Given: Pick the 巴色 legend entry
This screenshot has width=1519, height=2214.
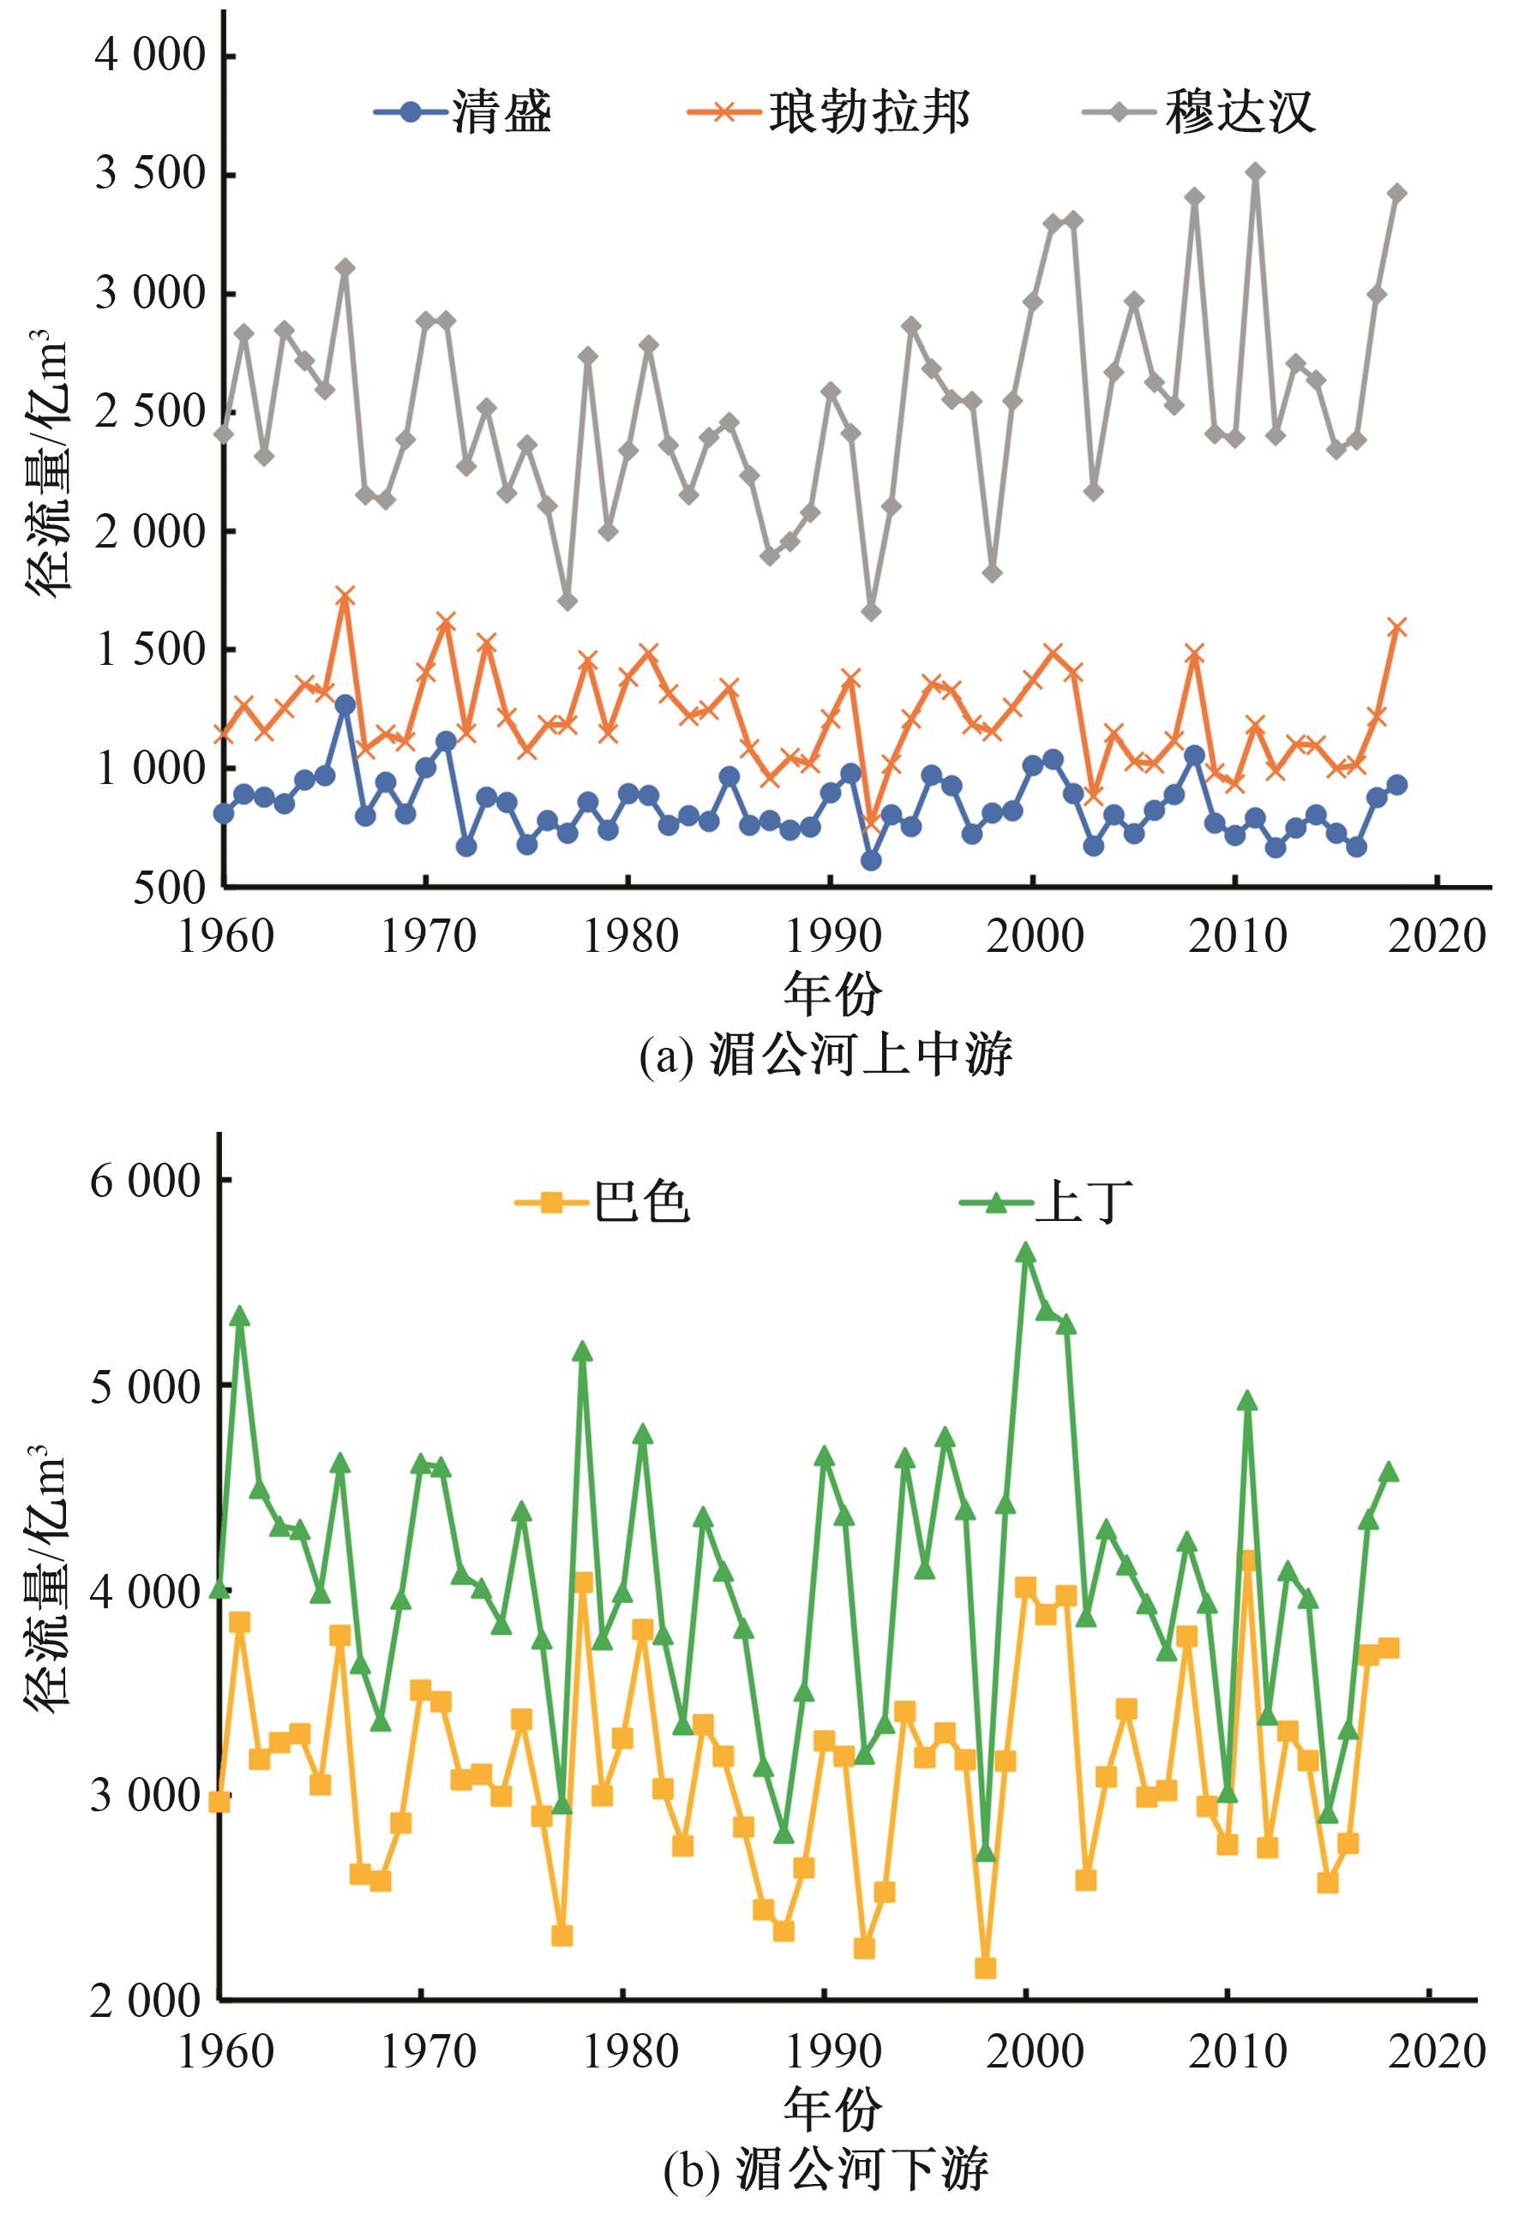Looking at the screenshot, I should click(x=603, y=1203).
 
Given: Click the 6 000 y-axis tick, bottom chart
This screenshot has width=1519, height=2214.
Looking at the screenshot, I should click(x=146, y=1182).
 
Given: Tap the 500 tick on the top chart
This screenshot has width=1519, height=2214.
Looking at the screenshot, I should click(x=170, y=888).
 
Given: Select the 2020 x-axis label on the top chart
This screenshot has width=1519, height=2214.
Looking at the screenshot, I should click(x=1436, y=937).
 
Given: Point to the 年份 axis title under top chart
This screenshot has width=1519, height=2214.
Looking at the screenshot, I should click(x=832, y=995).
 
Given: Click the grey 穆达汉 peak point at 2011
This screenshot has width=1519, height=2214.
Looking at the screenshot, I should click(x=1255, y=172).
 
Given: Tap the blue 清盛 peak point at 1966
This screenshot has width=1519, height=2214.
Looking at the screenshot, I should click(x=345, y=705).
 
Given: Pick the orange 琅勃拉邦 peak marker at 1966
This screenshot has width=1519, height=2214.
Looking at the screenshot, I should click(x=345, y=596).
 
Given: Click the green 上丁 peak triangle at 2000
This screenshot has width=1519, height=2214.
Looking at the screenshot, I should click(x=1025, y=1254).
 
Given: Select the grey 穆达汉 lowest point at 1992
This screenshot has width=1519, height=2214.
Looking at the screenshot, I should click(x=870, y=612).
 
